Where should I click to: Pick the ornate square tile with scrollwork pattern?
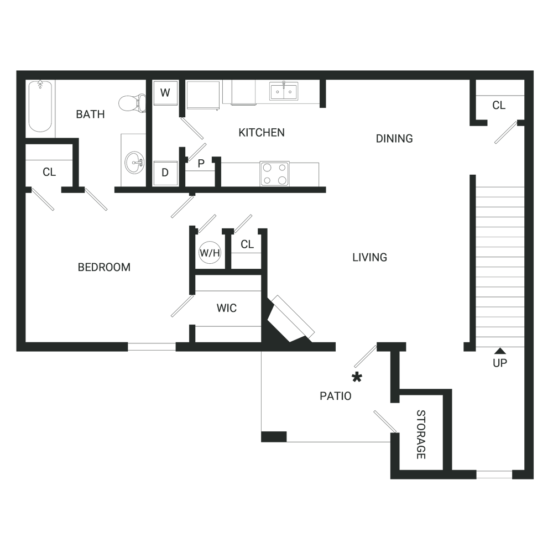(x=272, y=173)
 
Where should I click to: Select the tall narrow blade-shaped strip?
(x=53, y=108)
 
